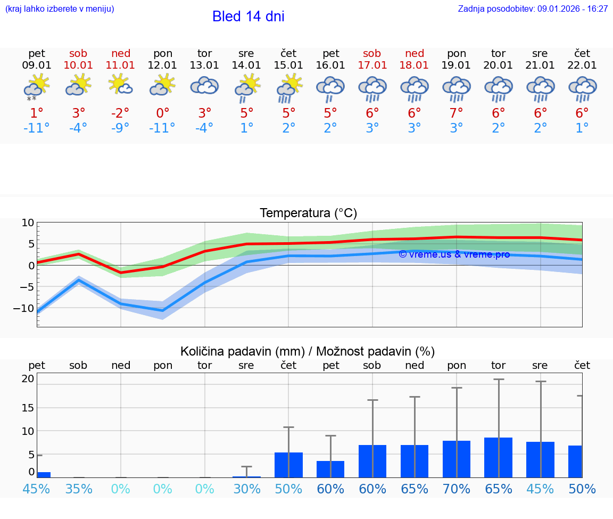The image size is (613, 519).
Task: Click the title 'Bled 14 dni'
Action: coord(248,17)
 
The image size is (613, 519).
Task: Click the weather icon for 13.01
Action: coord(204,86)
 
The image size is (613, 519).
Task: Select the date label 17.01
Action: coord(372,65)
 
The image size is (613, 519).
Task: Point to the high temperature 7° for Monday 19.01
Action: coord(457,113)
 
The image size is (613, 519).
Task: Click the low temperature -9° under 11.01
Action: coord(120,128)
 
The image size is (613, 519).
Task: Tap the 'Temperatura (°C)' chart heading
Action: coord(308,213)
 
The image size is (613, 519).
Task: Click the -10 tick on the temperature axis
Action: coord(27,308)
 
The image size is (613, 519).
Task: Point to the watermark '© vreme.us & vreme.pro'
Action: coord(454,254)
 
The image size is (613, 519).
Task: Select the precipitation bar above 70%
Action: coord(457,459)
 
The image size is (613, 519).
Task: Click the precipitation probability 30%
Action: coord(246,489)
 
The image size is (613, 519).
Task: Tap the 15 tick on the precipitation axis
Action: coord(28,408)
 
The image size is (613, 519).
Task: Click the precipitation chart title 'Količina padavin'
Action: coord(308,351)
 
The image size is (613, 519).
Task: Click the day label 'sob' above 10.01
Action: coord(78,53)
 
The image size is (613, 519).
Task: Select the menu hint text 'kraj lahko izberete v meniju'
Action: coord(60,9)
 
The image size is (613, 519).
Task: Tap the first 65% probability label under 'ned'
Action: coord(415,489)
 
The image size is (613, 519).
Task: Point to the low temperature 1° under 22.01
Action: coord(582,128)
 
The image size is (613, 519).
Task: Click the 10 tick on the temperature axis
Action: coord(28,223)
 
